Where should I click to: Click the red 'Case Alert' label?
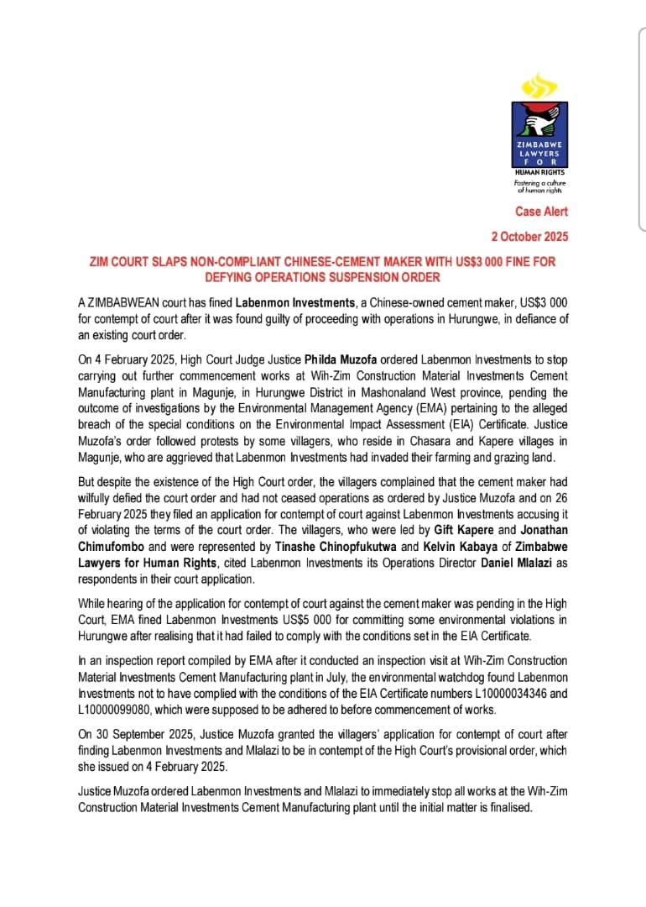pos(541,212)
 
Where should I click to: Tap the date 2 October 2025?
pos(529,237)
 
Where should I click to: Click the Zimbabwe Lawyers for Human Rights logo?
pos(539,134)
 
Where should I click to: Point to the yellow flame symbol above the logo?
pos(539,86)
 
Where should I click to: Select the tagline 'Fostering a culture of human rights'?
pos(539,186)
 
